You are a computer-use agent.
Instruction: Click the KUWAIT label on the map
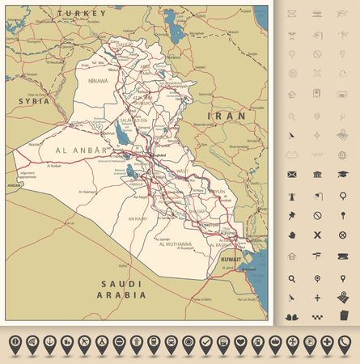click(x=231, y=258)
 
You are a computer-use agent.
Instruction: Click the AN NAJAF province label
click(x=142, y=218)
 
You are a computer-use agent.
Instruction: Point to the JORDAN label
click(x=15, y=185)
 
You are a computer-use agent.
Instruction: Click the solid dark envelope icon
click(x=290, y=175)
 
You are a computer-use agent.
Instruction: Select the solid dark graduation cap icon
click(x=342, y=175)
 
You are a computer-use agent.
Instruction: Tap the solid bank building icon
click(x=317, y=175)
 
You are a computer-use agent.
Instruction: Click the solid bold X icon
click(x=317, y=235)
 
